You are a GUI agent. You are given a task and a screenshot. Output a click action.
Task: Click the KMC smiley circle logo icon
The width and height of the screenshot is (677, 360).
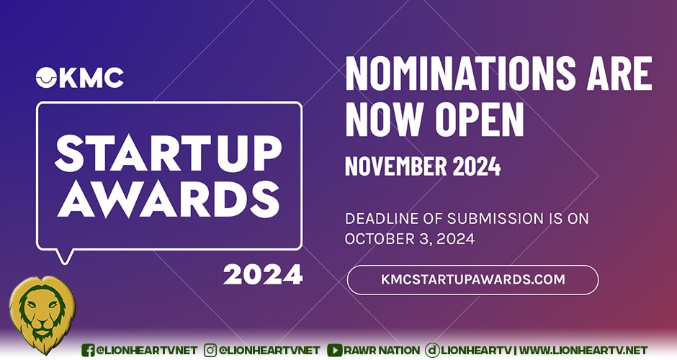(46, 78)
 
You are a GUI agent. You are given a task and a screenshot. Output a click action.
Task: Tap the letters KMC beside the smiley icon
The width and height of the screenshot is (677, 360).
(91, 78)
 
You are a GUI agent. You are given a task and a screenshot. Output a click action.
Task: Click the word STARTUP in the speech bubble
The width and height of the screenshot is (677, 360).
(169, 153)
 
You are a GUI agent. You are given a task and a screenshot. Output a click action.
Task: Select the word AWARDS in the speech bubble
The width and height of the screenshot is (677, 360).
(169, 199)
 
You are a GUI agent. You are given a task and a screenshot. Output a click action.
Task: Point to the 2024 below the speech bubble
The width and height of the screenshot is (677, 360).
(262, 275)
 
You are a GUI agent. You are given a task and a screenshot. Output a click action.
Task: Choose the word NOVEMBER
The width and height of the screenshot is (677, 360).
(396, 166)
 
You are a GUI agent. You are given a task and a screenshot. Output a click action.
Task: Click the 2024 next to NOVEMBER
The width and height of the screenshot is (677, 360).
(477, 166)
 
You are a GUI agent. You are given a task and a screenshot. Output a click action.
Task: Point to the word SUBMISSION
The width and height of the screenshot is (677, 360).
(496, 219)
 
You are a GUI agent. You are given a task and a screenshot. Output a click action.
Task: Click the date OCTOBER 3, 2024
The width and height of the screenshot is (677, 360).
(410, 239)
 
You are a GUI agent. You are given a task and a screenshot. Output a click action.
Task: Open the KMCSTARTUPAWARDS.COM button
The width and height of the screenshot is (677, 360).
(472, 279)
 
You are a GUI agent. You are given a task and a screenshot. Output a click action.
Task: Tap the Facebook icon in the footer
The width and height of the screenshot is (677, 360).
(88, 350)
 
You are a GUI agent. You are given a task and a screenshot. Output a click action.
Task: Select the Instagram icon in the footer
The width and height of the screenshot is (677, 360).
(210, 350)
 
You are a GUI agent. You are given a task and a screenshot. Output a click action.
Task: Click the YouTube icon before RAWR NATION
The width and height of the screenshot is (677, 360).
(335, 350)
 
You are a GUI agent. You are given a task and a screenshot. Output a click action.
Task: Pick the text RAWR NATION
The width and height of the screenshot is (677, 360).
(382, 350)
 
